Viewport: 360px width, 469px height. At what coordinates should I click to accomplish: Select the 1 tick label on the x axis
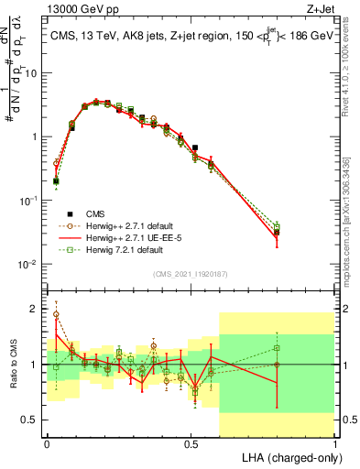[x=334, y=442]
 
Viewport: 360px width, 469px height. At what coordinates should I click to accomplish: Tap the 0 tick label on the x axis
[x=47, y=442]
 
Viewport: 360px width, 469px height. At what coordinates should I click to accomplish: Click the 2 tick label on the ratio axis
[x=35, y=310]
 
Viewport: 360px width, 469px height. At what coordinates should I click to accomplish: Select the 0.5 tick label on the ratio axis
[x=31, y=420]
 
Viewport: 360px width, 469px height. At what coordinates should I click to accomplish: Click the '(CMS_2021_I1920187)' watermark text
[x=191, y=273]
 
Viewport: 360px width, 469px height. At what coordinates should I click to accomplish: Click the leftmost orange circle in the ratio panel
[x=56, y=314]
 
